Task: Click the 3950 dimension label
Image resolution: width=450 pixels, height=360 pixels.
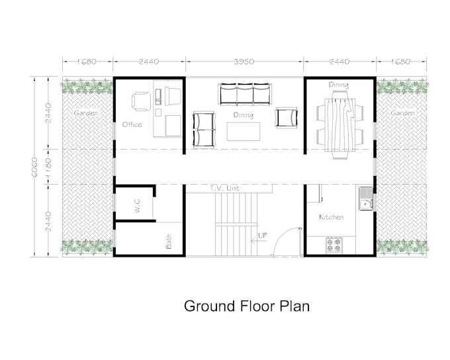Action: tap(245, 62)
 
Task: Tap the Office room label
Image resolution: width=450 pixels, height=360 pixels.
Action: tap(132, 124)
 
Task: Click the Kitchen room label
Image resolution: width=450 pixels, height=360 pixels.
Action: tap(331, 217)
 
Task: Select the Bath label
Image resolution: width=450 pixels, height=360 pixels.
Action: tap(169, 244)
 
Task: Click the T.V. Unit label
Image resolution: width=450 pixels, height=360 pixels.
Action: tap(224, 189)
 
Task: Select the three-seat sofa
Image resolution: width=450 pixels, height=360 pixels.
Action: tap(244, 95)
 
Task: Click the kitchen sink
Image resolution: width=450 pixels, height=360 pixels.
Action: tap(365, 199)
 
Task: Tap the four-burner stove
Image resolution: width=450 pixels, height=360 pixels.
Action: tap(334, 246)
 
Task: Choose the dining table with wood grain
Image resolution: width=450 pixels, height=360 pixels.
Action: tap(340, 122)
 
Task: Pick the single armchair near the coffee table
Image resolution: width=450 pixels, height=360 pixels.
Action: tap(287, 118)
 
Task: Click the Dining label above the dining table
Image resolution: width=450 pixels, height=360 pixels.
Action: tap(339, 85)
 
